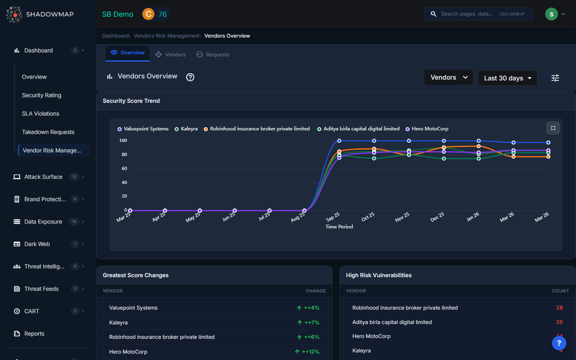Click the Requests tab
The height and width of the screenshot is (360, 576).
point(213,55)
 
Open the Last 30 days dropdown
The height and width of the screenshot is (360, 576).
point(507,78)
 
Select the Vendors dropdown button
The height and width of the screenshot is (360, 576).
point(448,78)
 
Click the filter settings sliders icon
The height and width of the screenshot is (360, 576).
point(555,78)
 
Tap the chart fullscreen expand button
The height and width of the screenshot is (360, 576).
point(553,128)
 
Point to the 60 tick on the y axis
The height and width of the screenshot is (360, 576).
point(124,168)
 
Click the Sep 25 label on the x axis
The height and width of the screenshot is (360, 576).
point(333,217)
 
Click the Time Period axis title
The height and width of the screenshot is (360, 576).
point(339,227)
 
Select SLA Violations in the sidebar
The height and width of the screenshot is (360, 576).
point(40,114)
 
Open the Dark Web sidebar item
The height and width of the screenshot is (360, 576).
point(37,244)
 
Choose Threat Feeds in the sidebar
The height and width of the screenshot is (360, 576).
point(41,289)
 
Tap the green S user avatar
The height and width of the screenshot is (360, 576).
point(552,14)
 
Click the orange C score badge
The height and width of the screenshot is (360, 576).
point(148,14)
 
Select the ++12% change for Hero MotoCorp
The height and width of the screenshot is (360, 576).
point(310,352)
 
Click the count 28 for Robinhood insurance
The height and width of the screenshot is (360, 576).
point(559,308)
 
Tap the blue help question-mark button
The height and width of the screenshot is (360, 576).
point(559,343)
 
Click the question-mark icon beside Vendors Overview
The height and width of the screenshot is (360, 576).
point(190,77)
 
